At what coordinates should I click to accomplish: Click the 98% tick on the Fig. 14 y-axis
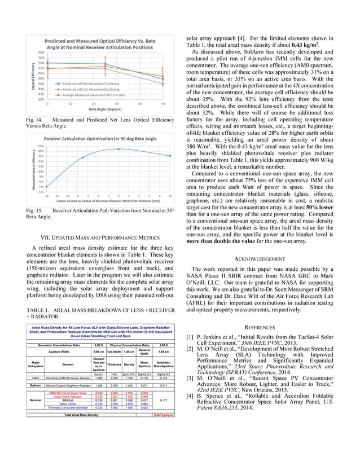[41, 52]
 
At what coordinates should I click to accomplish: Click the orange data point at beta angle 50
[163, 76]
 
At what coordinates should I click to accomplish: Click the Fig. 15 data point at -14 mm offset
[47, 187]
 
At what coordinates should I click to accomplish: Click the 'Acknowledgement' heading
[269, 258]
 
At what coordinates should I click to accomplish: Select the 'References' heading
[269, 327]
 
